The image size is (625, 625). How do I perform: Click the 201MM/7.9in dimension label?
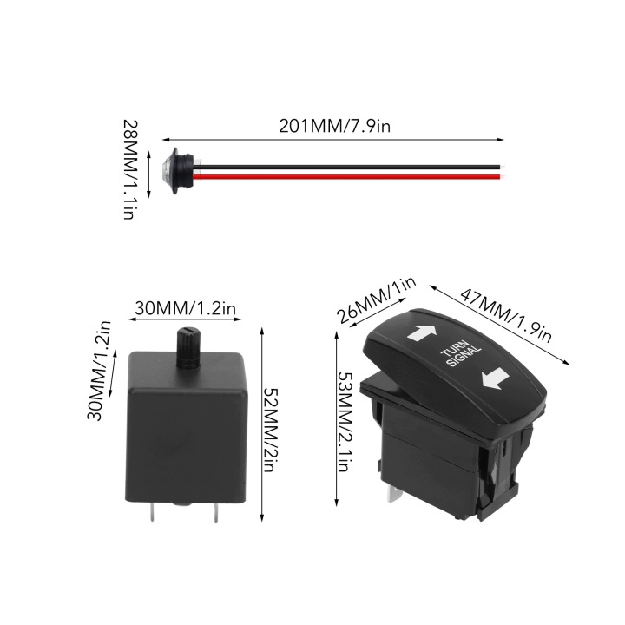tap(334, 126)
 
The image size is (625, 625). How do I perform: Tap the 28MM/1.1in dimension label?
tap(131, 170)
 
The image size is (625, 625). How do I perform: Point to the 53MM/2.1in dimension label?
tap(345, 422)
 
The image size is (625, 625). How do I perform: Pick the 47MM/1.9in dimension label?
tap(506, 315)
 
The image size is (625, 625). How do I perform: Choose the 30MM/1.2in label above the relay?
tap(186, 308)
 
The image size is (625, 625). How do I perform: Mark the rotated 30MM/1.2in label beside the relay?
tap(98, 372)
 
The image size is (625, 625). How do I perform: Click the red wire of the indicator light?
tap(346, 176)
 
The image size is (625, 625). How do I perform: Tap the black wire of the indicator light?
tap(346, 167)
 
